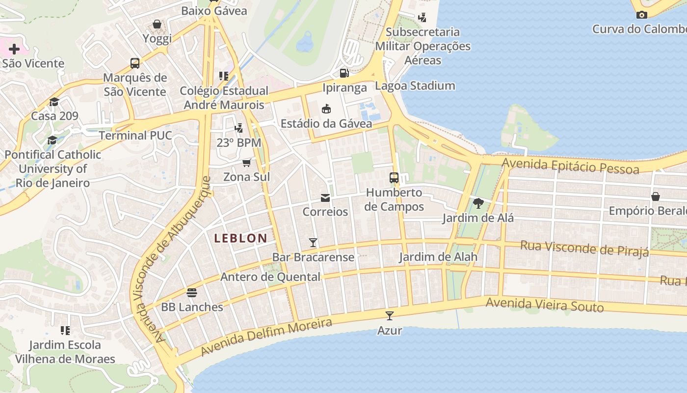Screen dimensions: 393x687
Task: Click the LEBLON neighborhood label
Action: (x=240, y=238)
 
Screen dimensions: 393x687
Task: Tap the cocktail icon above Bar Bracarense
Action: (x=313, y=242)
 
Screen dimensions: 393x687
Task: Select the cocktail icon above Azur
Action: (x=390, y=316)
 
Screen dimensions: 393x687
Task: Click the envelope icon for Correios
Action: (x=325, y=198)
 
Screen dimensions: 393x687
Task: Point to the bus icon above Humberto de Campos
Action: (x=394, y=177)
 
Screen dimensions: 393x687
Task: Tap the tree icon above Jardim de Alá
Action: (x=478, y=203)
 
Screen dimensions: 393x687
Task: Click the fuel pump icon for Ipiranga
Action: (x=344, y=73)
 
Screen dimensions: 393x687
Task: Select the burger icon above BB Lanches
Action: (x=192, y=293)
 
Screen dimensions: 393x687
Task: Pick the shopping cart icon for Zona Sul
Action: (x=246, y=163)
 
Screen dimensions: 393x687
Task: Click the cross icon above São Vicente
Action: (x=14, y=49)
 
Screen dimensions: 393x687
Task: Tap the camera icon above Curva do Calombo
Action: (x=641, y=15)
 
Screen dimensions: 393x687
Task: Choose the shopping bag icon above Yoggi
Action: (x=157, y=24)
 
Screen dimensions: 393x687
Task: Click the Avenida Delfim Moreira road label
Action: (x=266, y=337)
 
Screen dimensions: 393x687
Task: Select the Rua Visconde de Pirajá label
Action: (x=584, y=248)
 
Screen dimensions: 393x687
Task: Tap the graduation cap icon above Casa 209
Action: (x=54, y=102)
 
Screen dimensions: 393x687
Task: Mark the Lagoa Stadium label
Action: (x=415, y=86)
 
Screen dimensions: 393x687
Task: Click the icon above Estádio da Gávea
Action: (x=326, y=109)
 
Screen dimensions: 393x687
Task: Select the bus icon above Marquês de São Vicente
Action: (x=135, y=63)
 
